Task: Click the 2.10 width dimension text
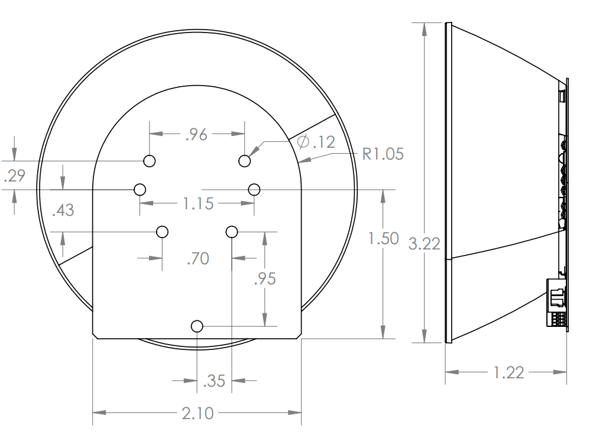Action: pos(197,413)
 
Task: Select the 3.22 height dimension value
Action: pos(424,244)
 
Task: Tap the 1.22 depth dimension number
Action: pos(508,372)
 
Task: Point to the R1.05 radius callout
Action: pos(383,154)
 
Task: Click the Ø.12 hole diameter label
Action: pos(316,142)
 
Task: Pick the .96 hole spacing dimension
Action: pos(196,134)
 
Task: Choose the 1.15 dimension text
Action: pos(198,203)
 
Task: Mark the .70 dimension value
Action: pos(198,259)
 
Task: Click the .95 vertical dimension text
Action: pos(265,279)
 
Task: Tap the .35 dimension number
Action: pos(215,381)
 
